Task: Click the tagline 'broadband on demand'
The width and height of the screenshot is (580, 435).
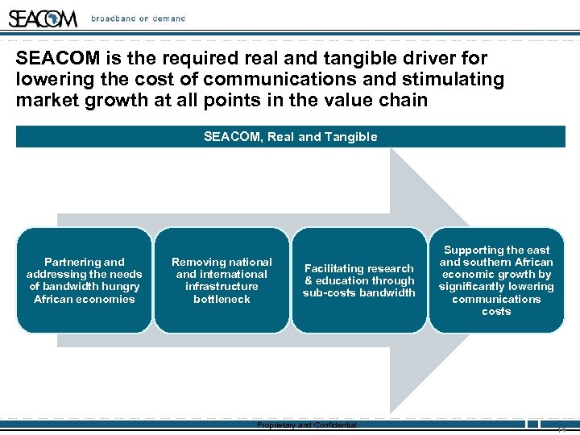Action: [x=138, y=19]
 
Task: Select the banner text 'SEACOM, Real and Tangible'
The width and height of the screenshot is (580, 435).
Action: [x=290, y=137]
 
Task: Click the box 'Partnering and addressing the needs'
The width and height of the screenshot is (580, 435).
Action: [x=84, y=280]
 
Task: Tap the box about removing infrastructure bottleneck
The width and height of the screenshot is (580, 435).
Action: [x=222, y=280]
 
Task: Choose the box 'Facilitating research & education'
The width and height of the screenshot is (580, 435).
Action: [x=359, y=280]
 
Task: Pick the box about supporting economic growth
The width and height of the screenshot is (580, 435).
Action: [x=496, y=280]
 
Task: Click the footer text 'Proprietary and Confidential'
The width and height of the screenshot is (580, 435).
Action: [x=306, y=425]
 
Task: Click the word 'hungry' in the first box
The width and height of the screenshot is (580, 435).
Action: [x=122, y=287]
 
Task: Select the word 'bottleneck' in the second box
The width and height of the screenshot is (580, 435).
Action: [x=222, y=299]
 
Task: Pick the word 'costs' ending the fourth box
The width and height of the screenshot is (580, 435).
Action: [x=496, y=311]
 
